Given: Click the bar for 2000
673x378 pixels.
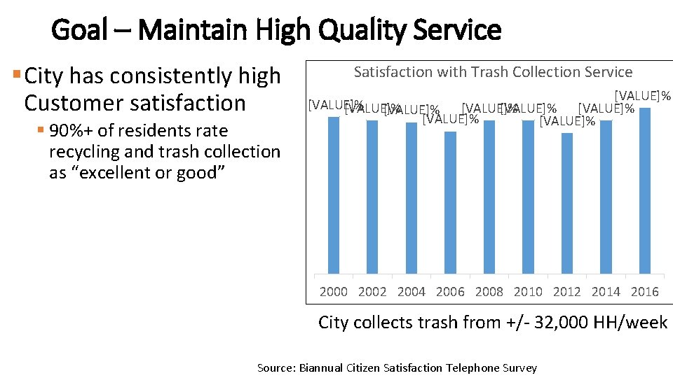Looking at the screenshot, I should (334, 195).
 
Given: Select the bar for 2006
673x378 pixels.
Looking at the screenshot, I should (450, 202).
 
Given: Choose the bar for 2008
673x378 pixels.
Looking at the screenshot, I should (489, 197).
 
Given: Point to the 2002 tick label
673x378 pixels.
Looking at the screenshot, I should (372, 292).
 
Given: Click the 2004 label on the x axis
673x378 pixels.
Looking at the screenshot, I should (412, 292).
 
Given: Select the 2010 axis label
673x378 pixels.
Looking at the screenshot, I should (528, 292).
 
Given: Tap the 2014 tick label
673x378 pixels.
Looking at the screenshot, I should (606, 292).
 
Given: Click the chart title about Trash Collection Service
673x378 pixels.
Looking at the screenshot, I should (493, 72).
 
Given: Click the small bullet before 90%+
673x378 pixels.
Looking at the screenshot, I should (41, 130).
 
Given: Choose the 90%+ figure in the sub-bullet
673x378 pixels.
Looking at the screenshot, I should (72, 131).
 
